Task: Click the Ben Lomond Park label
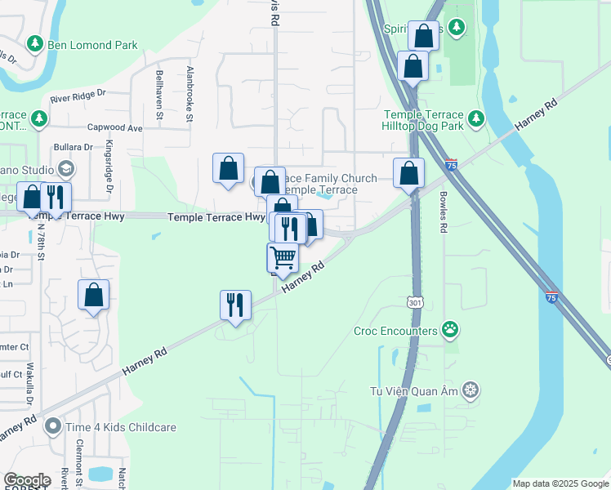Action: pos(92,46)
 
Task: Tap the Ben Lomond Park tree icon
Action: pos(34,42)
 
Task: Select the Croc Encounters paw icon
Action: pos(449,330)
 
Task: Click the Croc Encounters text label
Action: pos(395,332)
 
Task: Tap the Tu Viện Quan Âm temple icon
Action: pos(470,390)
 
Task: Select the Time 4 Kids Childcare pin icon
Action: pos(53,425)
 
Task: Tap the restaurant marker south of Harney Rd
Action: pos(235,305)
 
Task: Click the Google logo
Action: pos(27,480)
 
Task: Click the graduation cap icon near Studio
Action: pos(66,169)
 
